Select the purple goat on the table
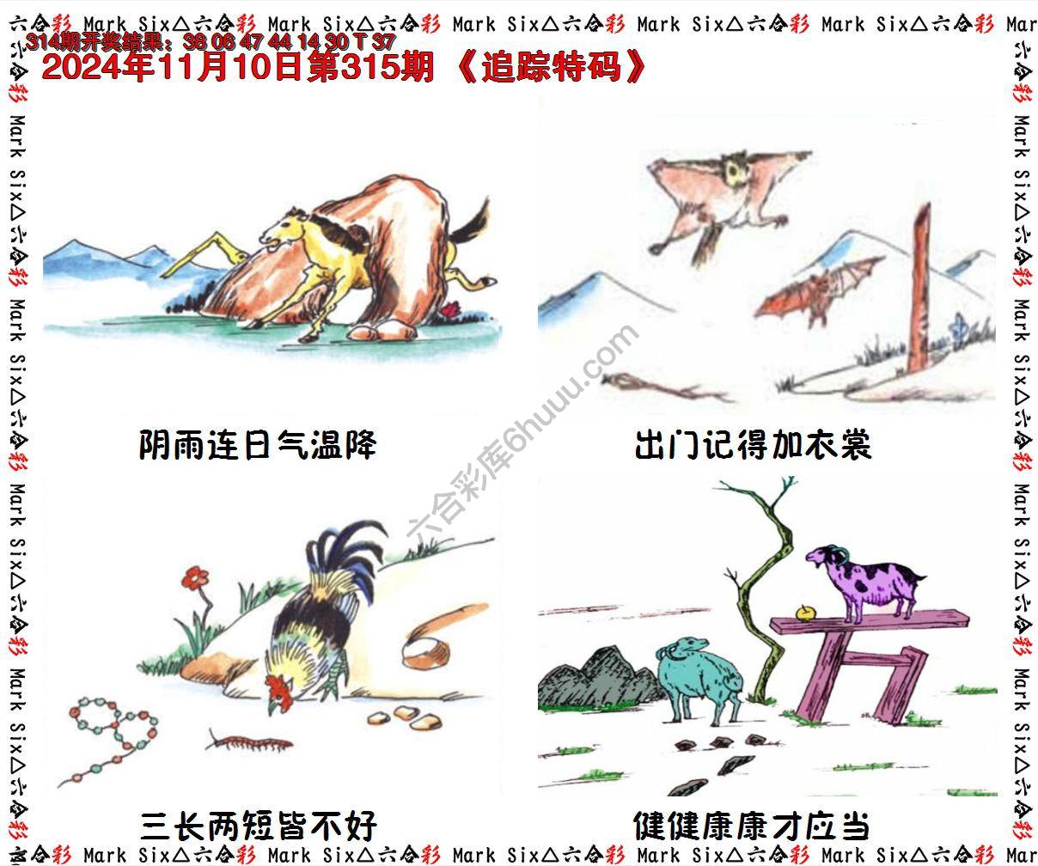[864, 580]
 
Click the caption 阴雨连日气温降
[257, 446]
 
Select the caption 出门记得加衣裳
[753, 446]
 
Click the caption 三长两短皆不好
[257, 826]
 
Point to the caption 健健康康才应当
[751, 826]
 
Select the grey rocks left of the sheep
[593, 679]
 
